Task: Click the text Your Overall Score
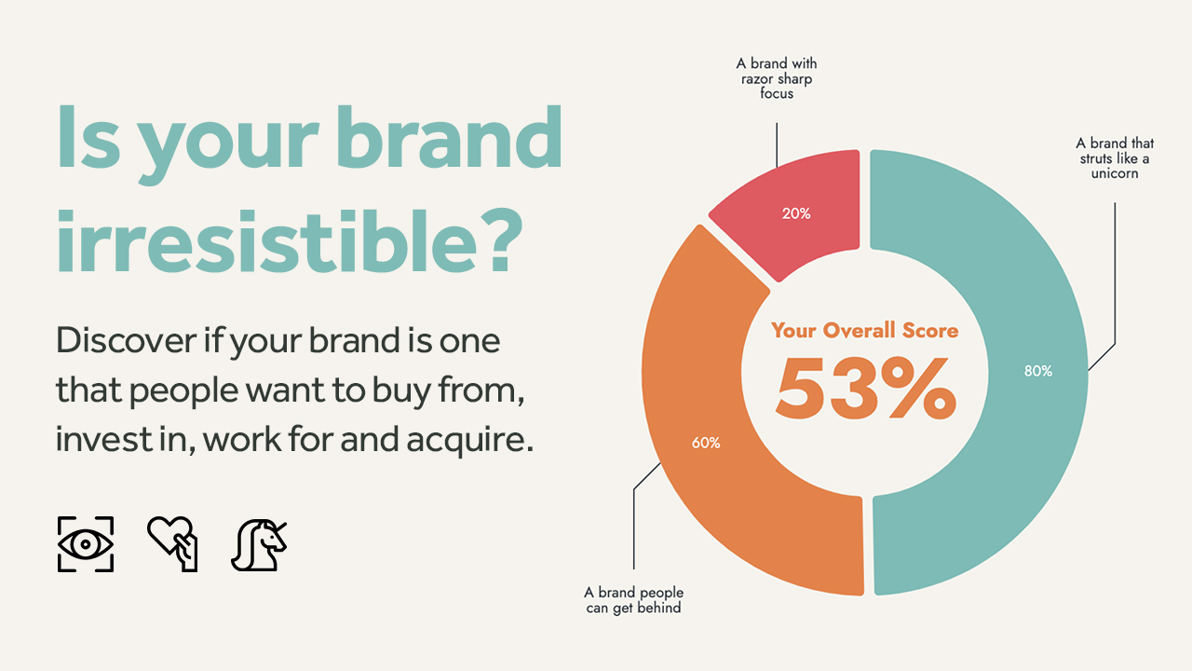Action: click(864, 331)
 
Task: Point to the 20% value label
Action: click(796, 213)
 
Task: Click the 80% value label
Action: click(1037, 371)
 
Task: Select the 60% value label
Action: click(706, 443)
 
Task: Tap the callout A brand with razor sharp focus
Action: click(777, 78)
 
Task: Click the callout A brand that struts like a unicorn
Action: click(1115, 158)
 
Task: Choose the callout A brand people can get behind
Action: click(633, 600)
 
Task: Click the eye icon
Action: click(86, 543)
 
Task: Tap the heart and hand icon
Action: click(173, 543)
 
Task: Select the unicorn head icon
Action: click(259, 543)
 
